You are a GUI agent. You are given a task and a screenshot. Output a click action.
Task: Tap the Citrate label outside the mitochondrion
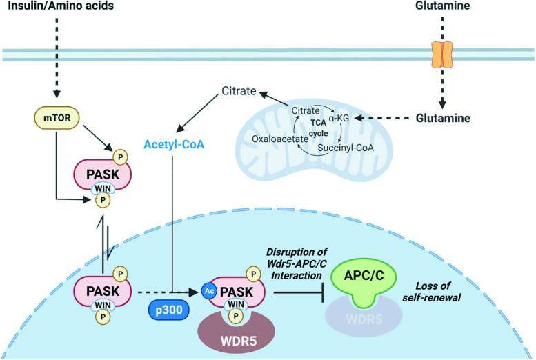click(x=239, y=91)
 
